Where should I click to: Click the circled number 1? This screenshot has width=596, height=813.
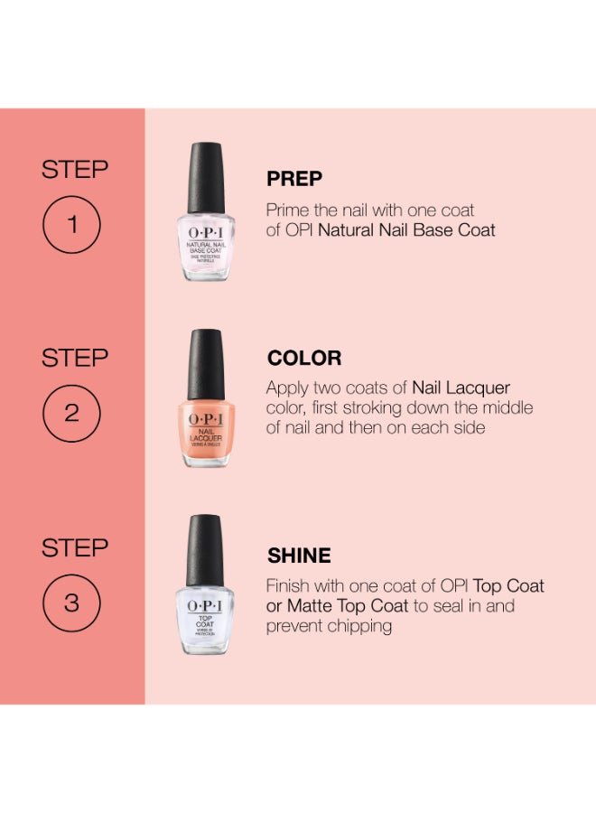click(x=73, y=223)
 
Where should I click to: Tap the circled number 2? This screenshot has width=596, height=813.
click(x=73, y=414)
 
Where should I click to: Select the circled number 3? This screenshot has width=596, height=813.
click(x=73, y=603)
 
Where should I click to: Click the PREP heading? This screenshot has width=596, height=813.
click(x=294, y=179)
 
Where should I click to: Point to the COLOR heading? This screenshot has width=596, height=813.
click(x=304, y=358)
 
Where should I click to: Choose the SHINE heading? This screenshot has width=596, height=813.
click(x=299, y=556)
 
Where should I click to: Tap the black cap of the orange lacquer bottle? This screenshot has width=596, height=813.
click(x=205, y=360)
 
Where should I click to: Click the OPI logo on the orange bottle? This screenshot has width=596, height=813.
click(x=205, y=419)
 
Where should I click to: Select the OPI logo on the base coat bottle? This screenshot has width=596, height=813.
click(x=205, y=232)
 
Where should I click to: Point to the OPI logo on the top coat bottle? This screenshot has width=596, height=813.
click(x=205, y=607)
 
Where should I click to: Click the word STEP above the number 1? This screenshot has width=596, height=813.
click(x=75, y=170)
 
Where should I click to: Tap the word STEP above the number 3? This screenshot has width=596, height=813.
click(x=75, y=548)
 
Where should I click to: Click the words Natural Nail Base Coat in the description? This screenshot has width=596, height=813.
click(x=407, y=230)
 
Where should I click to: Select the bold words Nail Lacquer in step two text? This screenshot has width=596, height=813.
click(x=461, y=388)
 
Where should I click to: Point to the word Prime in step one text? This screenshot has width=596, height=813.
click(x=288, y=210)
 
